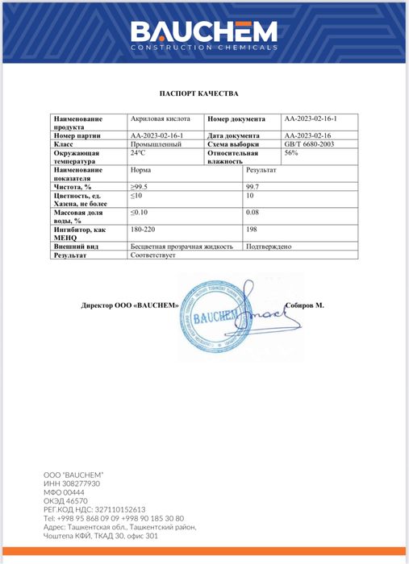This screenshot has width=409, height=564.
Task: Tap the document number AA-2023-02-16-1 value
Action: (x=311, y=119)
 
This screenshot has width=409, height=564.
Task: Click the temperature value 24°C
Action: (x=138, y=152)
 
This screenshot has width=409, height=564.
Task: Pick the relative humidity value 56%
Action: (x=292, y=152)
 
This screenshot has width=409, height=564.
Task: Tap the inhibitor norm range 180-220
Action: (x=142, y=230)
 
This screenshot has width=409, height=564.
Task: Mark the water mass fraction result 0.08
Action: (x=252, y=213)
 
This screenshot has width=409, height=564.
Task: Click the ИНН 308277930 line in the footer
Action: (x=72, y=483)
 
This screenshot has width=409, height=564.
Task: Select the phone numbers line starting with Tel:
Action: (x=114, y=518)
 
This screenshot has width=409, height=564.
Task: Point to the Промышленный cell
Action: (x=157, y=144)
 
